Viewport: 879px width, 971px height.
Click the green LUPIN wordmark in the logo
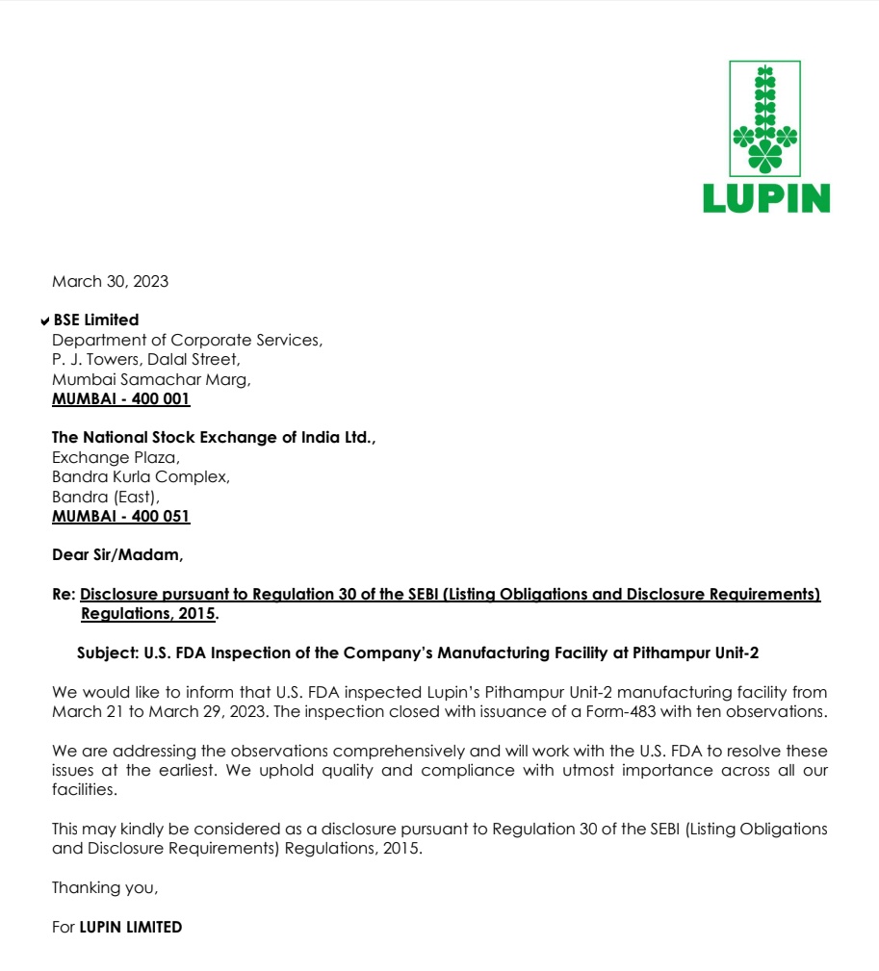pyautogui.click(x=765, y=197)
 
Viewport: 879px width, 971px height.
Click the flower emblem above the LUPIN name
pyautogui.click(x=765, y=119)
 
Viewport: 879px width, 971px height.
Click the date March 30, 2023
pyautogui.click(x=110, y=281)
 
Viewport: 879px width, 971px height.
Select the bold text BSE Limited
pyautogui.click(x=96, y=319)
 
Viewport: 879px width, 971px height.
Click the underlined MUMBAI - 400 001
pyautogui.click(x=120, y=398)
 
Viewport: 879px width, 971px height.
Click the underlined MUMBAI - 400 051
pyautogui.click(x=120, y=516)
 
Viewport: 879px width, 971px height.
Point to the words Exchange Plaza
pyautogui.click(x=116, y=457)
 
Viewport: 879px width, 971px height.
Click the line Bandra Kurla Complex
pyautogui.click(x=141, y=476)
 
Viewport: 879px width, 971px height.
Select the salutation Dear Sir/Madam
pyautogui.click(x=116, y=554)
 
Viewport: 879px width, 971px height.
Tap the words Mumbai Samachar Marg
pyautogui.click(x=151, y=379)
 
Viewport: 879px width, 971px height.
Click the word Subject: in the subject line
pyautogui.click(x=108, y=652)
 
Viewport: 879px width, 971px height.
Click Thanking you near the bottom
pyautogui.click(x=104, y=887)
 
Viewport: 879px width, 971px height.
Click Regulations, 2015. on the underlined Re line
pyautogui.click(x=149, y=613)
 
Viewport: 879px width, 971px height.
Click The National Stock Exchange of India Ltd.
pyautogui.click(x=214, y=437)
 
